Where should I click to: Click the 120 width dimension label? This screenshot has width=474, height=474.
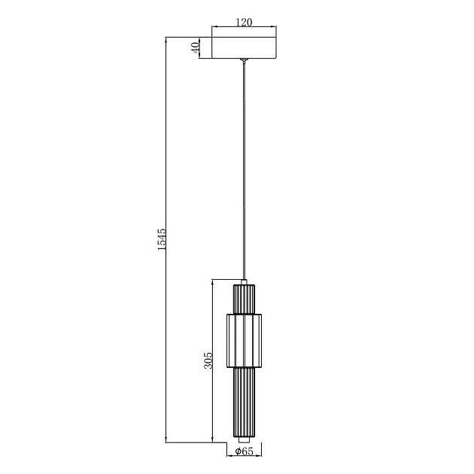[x=244, y=22]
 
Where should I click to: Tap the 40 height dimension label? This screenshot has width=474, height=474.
[x=196, y=47]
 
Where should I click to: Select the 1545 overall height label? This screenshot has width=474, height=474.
[x=162, y=239]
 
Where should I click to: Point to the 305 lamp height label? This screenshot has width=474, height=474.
[x=208, y=360]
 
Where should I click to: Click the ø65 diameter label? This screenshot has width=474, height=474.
[x=244, y=451]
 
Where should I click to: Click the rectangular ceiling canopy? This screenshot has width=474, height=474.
[x=245, y=47]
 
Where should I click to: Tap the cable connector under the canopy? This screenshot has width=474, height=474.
[x=245, y=60]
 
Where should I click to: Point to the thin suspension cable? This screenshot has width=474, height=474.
[x=245, y=171]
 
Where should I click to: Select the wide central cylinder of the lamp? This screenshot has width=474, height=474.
[x=245, y=341]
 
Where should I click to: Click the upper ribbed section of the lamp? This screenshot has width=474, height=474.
[x=244, y=299]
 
